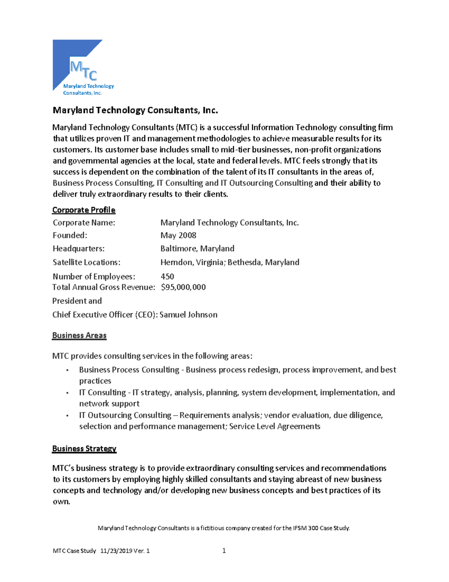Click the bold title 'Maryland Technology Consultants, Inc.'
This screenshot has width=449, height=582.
[x=135, y=110]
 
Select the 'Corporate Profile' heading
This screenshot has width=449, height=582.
[x=84, y=210]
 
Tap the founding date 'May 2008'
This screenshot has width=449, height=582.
[x=178, y=235]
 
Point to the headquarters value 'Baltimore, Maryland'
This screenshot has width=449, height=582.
[x=197, y=248]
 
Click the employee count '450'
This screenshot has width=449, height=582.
[x=167, y=277]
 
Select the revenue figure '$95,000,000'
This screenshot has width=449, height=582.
[x=183, y=287]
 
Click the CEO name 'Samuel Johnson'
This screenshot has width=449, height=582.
[x=188, y=315]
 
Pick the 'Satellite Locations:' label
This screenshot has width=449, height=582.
[x=86, y=262]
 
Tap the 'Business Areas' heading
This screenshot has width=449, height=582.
[x=79, y=335]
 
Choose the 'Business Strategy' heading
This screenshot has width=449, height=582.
[x=84, y=449]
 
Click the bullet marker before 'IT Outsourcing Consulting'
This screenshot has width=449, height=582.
[x=67, y=416]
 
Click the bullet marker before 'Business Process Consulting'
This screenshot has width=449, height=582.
[x=67, y=370]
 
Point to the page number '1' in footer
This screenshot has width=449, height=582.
[x=224, y=551]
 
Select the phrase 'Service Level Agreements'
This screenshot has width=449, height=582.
[x=275, y=426]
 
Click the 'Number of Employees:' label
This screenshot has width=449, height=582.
[x=94, y=277]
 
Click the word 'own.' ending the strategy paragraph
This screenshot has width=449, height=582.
[x=61, y=502]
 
